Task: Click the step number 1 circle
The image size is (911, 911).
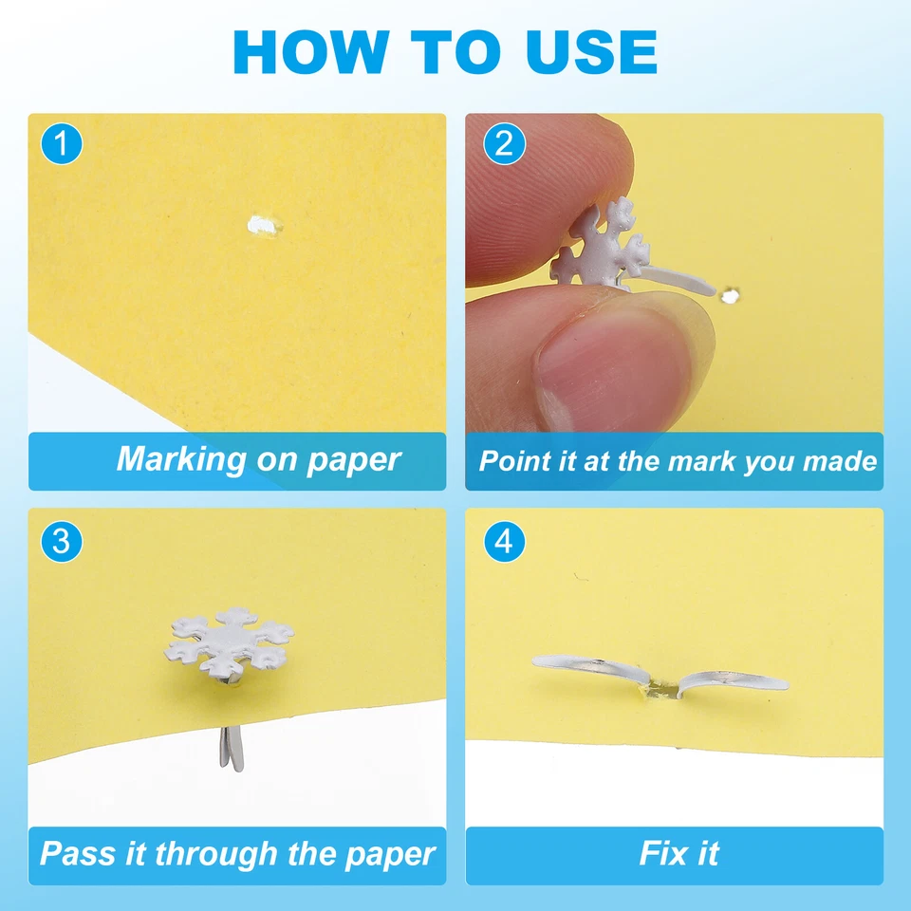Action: click(62, 145)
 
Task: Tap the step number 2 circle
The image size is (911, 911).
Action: click(503, 145)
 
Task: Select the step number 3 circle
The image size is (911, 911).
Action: click(62, 542)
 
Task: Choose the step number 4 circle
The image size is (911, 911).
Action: click(503, 542)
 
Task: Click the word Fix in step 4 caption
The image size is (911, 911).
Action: click(660, 853)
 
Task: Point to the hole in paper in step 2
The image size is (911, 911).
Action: click(729, 297)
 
